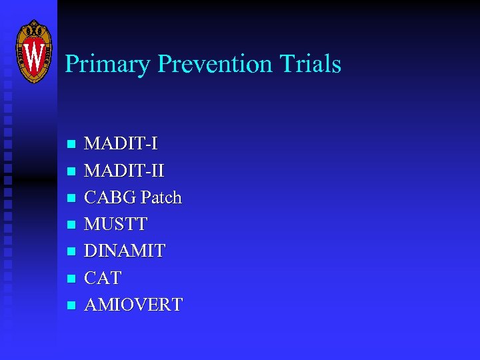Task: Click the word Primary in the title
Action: (107, 65)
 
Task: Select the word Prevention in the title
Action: (215, 64)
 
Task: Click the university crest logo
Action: (33, 51)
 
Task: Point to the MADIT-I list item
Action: (121, 143)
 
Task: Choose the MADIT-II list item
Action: (125, 171)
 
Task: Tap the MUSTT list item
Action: (116, 224)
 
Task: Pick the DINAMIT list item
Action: (125, 251)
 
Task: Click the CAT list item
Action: (103, 278)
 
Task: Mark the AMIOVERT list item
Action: (133, 305)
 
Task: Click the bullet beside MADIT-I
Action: (72, 145)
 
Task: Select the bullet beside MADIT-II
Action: (72, 171)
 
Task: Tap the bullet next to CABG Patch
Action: (72, 198)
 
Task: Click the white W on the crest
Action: (33, 55)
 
